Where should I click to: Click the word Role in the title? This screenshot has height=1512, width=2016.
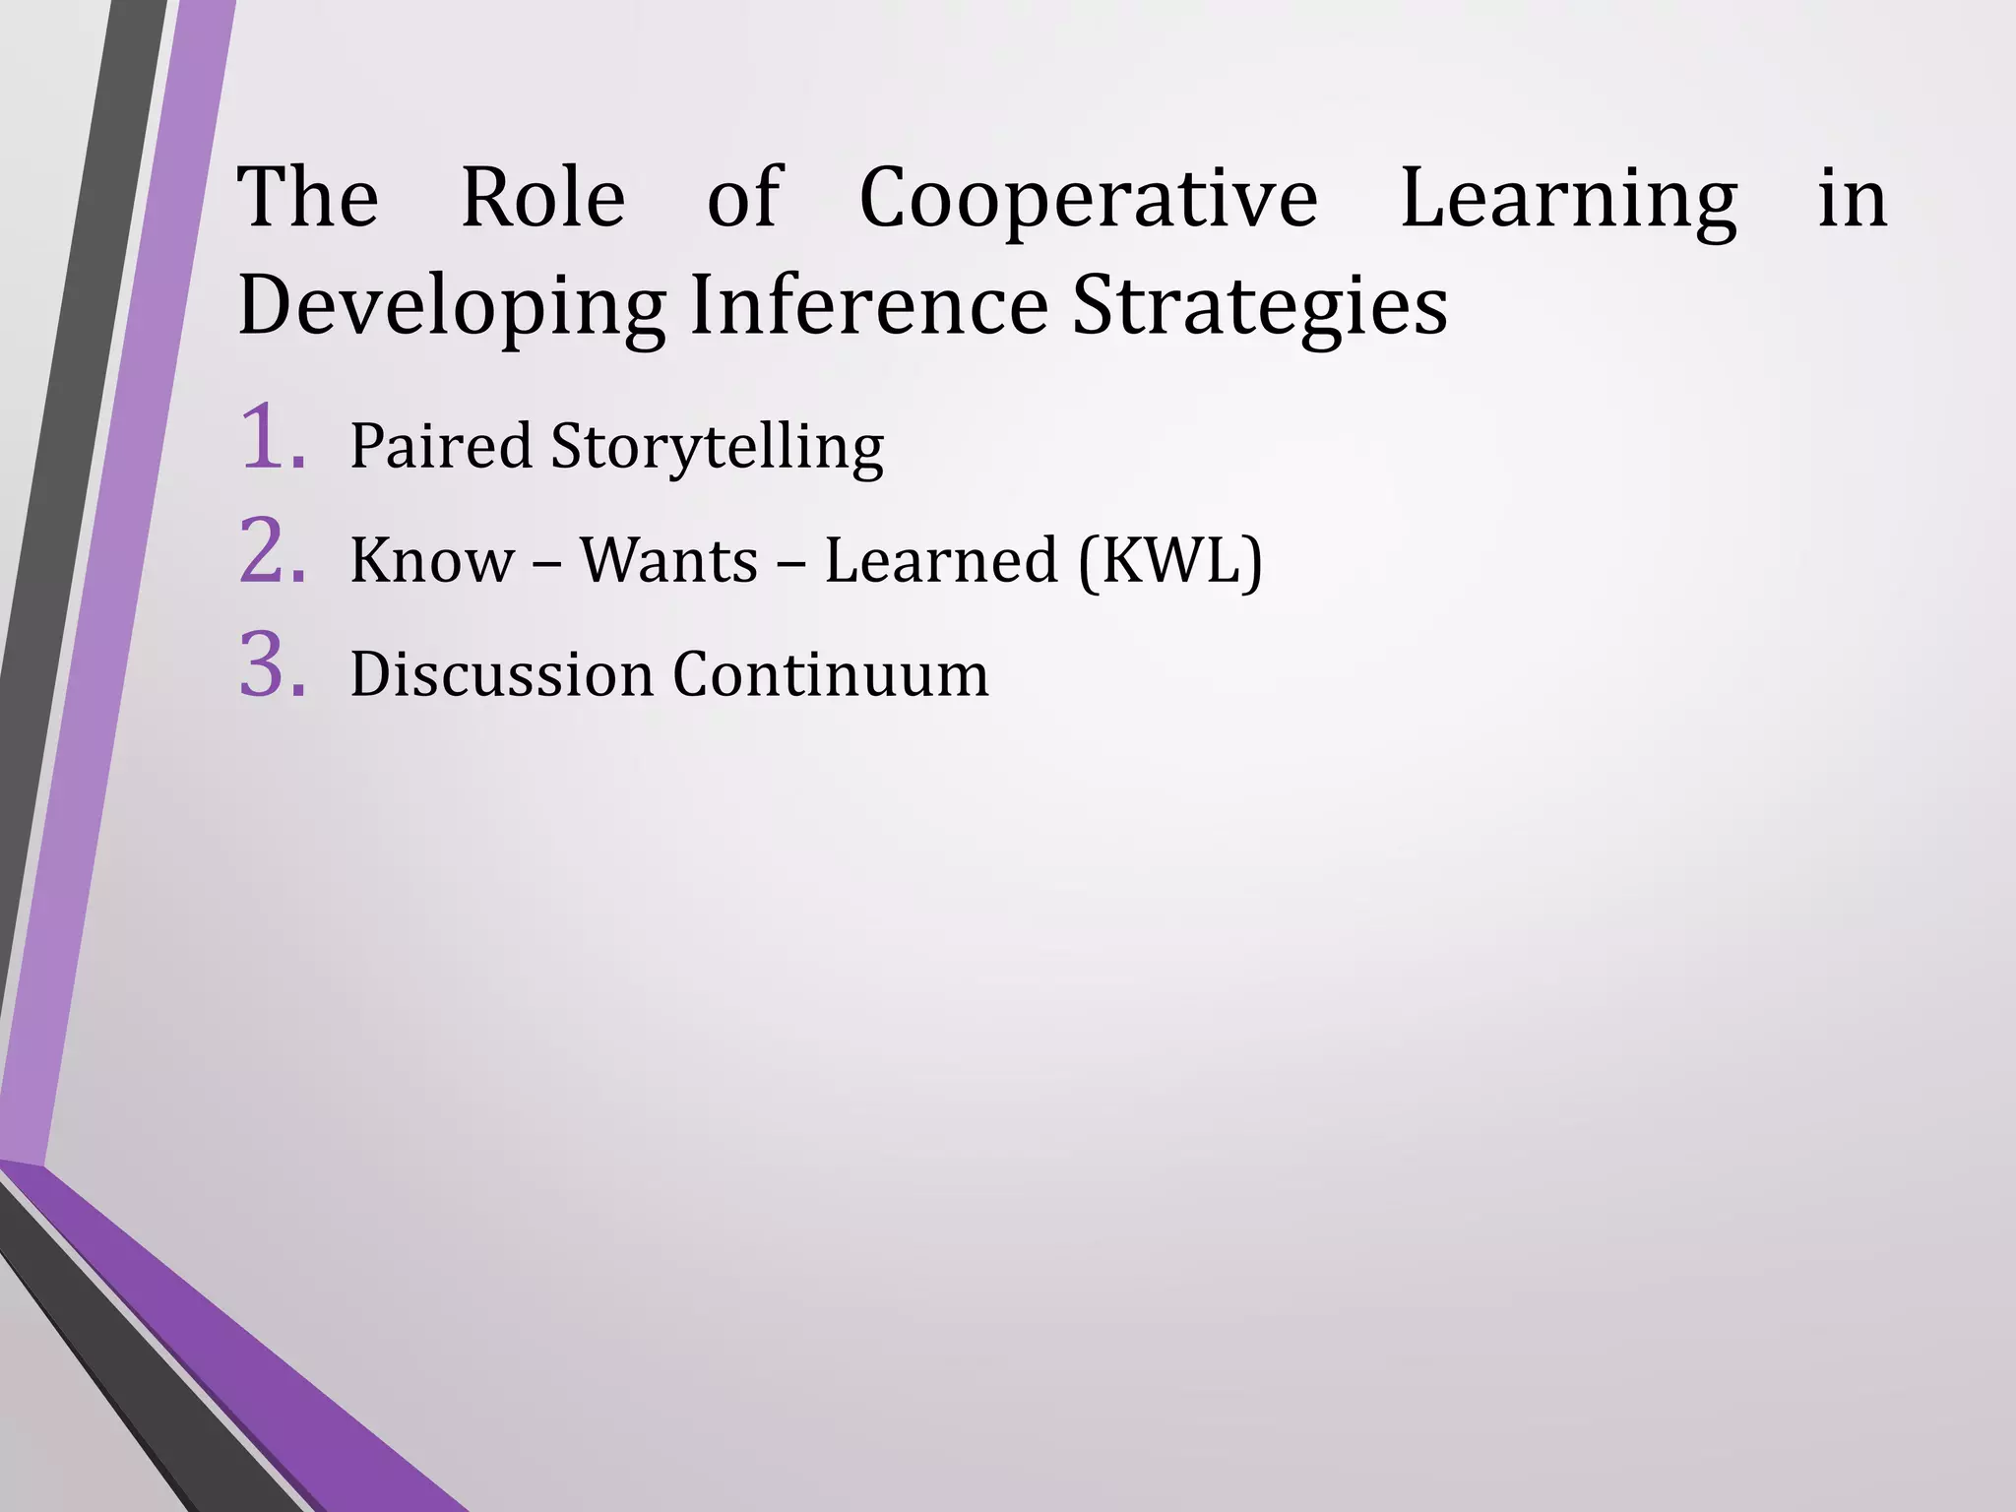(542, 198)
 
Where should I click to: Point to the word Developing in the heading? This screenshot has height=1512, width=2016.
(452, 307)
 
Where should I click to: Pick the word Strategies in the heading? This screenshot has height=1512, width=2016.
(1260, 307)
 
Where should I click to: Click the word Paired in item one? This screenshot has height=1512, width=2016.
(440, 446)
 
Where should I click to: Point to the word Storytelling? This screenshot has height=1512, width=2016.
(718, 448)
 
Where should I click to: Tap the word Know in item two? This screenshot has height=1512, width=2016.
(432, 560)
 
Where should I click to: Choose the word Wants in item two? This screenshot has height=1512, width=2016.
(668, 560)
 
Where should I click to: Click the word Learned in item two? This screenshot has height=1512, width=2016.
(940, 560)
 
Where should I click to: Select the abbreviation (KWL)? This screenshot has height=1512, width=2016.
(1170, 561)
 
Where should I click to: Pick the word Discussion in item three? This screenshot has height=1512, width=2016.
(501, 675)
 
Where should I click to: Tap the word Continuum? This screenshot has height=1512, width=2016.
(831, 675)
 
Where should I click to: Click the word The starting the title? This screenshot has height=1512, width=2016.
(308, 198)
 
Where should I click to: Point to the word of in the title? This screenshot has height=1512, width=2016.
(743, 198)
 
